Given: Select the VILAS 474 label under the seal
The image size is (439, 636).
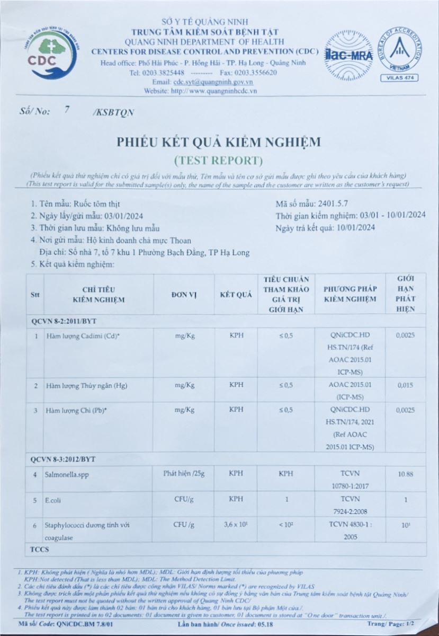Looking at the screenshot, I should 399,78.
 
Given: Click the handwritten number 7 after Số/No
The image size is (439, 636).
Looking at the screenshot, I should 67,110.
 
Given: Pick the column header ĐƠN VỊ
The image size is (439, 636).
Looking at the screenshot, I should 183,295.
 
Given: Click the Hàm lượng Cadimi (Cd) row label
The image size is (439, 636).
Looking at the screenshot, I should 82,335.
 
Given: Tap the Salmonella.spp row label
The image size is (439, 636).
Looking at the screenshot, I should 68,474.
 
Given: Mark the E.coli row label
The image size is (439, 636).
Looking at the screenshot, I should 56,500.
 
